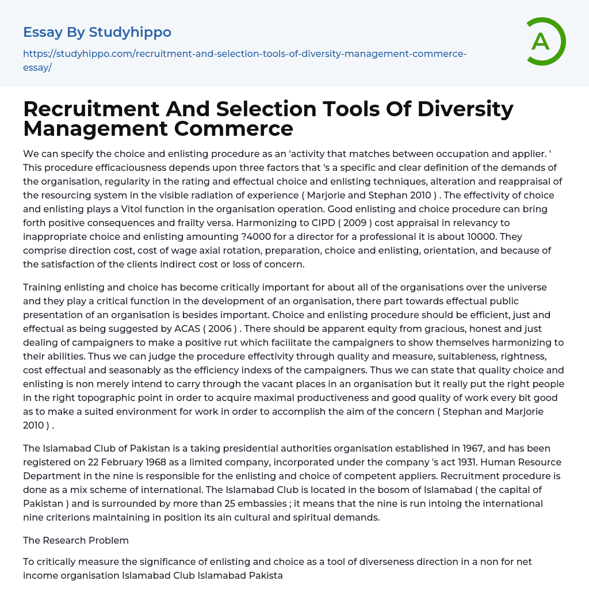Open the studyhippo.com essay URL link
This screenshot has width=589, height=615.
[x=244, y=60]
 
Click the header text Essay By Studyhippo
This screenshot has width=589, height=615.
[x=97, y=32]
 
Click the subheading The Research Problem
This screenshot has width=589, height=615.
[x=76, y=540]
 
